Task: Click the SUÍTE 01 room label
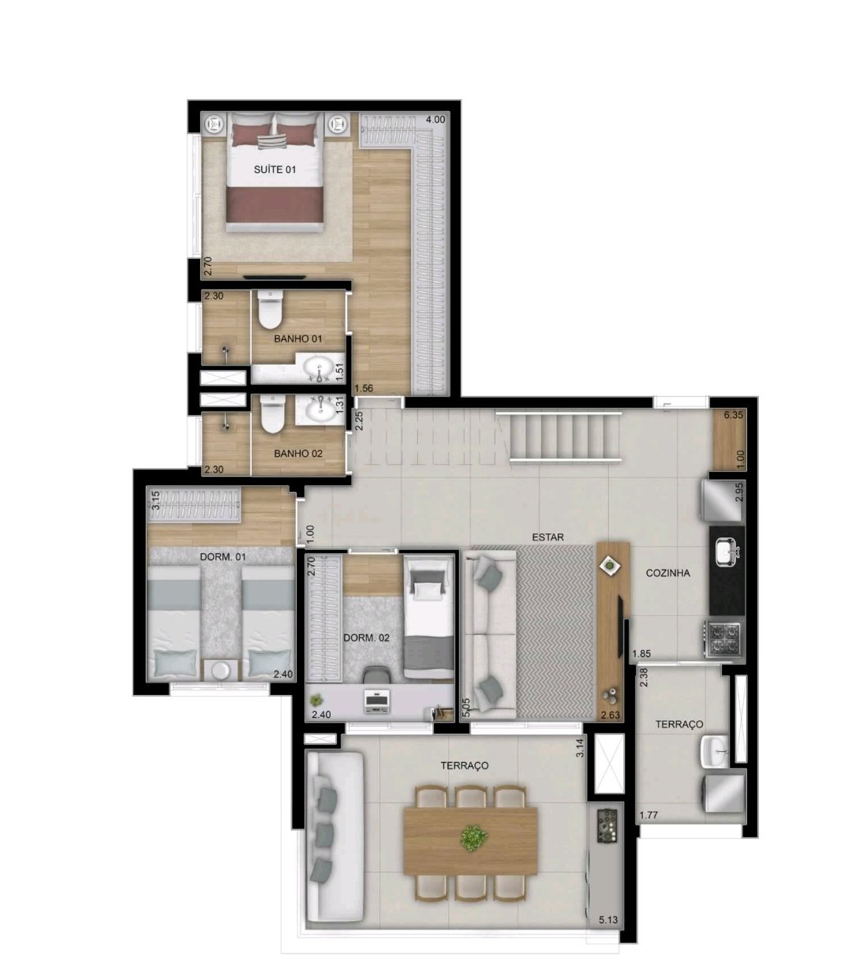(275, 170)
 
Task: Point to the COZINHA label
(667, 573)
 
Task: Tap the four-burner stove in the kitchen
(723, 640)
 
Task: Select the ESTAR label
(547, 537)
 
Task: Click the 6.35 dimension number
(734, 415)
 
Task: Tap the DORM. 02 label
(366, 638)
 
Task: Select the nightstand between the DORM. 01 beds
(220, 670)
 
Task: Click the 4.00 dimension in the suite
(435, 119)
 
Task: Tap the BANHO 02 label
(298, 453)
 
